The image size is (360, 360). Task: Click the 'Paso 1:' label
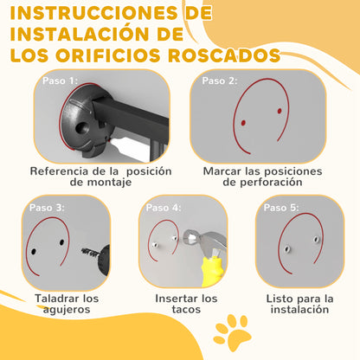pos(60,80)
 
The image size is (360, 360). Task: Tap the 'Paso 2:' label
pos(220,80)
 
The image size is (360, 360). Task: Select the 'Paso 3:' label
pos(47,208)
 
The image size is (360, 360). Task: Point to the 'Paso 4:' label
pos(164,208)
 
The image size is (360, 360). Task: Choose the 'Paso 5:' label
pos(281,208)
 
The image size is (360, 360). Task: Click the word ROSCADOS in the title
pos(224,55)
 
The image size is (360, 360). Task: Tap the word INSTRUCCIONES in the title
pos(93,13)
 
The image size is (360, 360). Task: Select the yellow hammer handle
pos(212,271)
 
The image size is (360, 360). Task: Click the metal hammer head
pos(203,240)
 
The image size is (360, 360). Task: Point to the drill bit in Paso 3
pos(90,252)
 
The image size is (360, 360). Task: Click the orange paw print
pos(233,332)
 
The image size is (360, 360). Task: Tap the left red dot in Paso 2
pos(243,123)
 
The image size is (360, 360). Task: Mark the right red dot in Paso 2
pos(280,111)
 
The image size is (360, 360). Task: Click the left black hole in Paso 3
pos(34,252)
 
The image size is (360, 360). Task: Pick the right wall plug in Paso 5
pos(317,239)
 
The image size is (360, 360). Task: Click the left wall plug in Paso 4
pos(155,245)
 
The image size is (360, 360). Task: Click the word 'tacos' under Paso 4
pos(186,310)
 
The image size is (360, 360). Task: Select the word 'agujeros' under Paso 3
pos(67,310)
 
